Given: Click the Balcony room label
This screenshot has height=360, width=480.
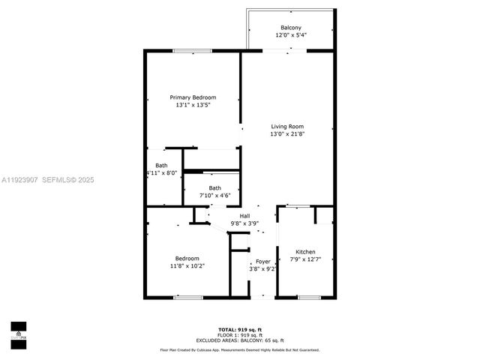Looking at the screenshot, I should click(292, 28).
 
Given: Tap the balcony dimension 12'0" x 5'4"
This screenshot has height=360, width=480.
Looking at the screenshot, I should click(292, 35).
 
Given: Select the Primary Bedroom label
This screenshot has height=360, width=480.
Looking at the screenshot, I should click(193, 97).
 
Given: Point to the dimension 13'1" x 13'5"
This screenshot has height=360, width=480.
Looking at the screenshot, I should click(193, 106).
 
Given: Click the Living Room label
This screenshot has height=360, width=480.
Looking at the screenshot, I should click(287, 126).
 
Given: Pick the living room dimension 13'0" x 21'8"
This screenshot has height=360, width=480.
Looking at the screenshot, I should click(287, 134).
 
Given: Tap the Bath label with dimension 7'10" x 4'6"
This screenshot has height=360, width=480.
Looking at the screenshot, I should click(214, 187).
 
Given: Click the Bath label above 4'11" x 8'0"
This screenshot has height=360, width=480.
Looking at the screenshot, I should click(161, 165).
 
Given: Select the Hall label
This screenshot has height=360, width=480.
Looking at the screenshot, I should click(244, 215).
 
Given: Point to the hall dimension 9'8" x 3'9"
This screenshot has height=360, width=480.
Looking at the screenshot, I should click(244, 223).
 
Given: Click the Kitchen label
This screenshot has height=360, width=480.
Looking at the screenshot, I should click(305, 251).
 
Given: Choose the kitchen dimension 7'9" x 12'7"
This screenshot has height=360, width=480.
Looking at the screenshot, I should click(305, 259).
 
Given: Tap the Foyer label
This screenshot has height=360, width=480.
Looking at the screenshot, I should click(262, 261).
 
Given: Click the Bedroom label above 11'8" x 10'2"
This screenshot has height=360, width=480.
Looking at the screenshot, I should click(187, 258).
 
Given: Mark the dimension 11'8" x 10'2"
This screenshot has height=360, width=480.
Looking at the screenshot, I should click(187, 266).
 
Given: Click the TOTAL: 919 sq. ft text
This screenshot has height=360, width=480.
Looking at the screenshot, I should click(240, 329).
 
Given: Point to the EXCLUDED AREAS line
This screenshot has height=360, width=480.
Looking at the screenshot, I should click(240, 340).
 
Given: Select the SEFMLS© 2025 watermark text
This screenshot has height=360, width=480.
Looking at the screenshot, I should click(67, 180).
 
